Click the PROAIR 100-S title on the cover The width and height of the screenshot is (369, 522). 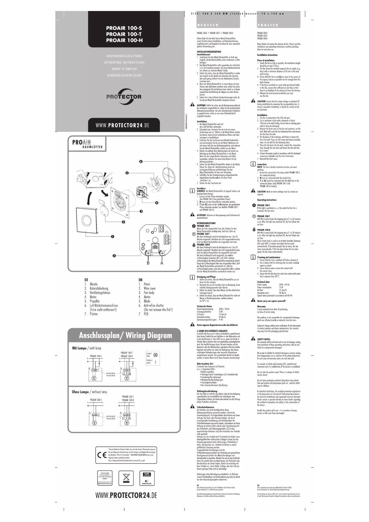[124, 28]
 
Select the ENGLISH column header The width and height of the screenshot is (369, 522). [268, 25]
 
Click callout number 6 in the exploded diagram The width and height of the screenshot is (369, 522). [141, 162]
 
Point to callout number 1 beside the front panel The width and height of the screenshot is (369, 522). [113, 237]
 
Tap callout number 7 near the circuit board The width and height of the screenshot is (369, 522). [114, 256]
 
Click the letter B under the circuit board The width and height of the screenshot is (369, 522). [148, 263]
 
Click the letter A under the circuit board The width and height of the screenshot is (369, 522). [162, 263]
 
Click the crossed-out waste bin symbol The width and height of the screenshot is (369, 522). [126, 478]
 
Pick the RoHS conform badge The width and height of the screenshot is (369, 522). [147, 474]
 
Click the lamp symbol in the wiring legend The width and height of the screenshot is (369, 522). [155, 354]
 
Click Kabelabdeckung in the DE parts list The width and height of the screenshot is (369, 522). [99, 288]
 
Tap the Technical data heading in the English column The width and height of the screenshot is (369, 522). [263, 282]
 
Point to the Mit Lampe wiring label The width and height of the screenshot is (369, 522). [79, 348]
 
